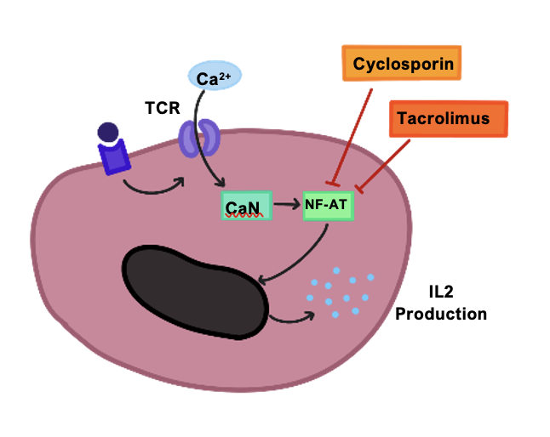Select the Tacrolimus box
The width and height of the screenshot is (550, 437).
pos(449,118)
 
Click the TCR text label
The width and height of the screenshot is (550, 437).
pos(163,109)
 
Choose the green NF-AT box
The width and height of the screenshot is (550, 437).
pos(328,205)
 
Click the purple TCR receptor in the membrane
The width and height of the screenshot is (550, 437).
pos(198,136)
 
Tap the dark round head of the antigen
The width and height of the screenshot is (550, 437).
pos(108,133)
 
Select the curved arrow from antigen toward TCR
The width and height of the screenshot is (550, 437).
pos(153,189)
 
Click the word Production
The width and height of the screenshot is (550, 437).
pos(441,314)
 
